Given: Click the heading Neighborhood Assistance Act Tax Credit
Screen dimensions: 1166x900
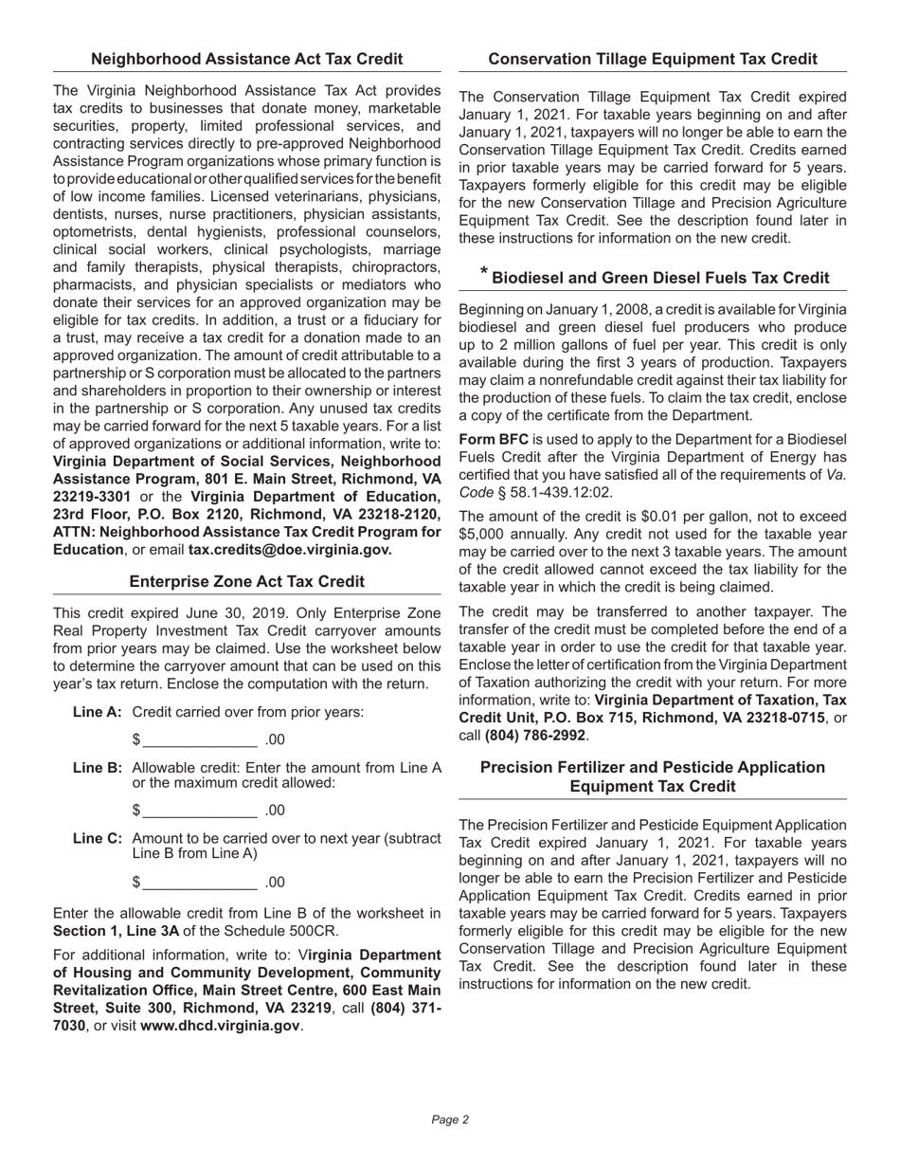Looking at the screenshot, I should point(246,59).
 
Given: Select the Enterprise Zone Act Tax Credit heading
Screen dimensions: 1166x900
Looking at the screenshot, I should point(246,581).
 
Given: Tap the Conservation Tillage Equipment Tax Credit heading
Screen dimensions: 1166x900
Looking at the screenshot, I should point(653,59).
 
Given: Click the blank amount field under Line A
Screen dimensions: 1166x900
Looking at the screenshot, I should point(200,739).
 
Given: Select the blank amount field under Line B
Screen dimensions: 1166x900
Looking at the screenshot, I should point(200,811).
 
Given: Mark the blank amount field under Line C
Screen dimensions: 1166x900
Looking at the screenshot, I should point(200,883).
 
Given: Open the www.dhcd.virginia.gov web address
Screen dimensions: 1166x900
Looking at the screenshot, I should point(220,1026).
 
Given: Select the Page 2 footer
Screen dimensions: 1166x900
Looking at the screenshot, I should point(450,1120).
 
